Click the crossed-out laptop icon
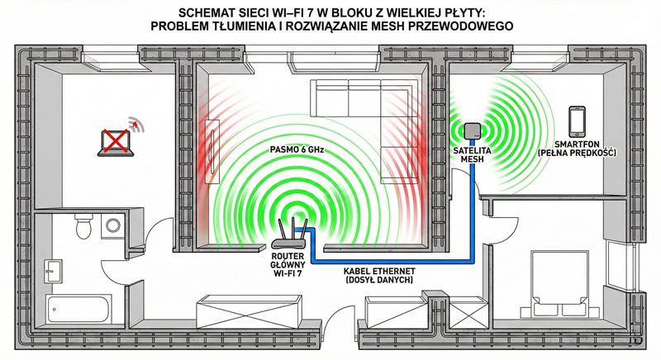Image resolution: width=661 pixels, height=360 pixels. coord(116,141)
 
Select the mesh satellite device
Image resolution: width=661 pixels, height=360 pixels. coord(473,132)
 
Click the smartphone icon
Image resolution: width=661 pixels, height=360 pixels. coord(578,119)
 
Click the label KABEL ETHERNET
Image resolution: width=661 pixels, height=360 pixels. coord(381,272)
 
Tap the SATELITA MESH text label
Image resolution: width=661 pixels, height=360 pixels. coord(472,156)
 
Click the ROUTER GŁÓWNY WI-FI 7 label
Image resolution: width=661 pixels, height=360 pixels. coord(289,268)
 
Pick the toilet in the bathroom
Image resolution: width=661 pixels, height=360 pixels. coord(83,225)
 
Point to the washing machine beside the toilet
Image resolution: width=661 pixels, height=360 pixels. coord(112,225)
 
